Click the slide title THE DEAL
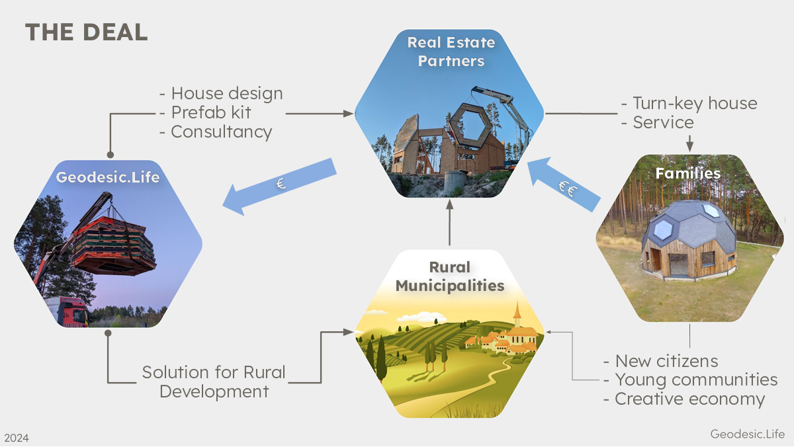click(86, 32)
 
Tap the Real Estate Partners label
click(451, 52)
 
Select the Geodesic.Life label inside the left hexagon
click(108, 177)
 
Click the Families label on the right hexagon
click(687, 173)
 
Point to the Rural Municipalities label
click(450, 276)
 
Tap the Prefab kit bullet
click(210, 112)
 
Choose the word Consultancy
click(221, 132)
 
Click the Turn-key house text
click(695, 103)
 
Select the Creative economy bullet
click(689, 399)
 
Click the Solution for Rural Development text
click(214, 382)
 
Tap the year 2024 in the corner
click(17, 438)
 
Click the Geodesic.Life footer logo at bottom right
click(747, 434)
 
